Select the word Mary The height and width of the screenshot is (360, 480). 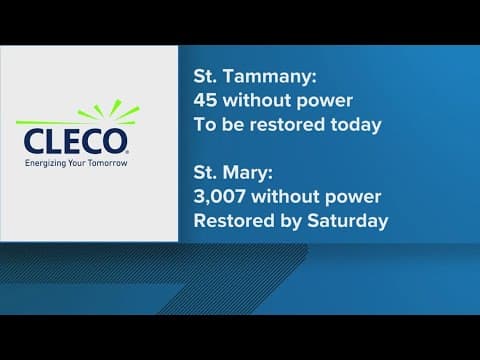tap(248, 172)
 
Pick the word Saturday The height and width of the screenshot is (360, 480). tap(346, 220)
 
